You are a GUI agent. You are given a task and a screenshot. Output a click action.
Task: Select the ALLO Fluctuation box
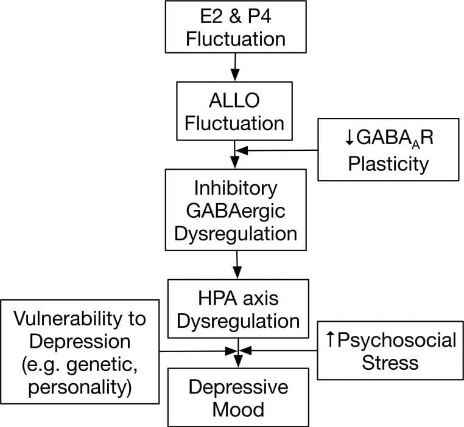[234, 111]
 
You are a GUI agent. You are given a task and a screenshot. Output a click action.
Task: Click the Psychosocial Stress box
[390, 351]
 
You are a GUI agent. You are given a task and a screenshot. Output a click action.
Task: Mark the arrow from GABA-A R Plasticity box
[280, 150]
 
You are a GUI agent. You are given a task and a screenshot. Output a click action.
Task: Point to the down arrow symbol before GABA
[349, 137]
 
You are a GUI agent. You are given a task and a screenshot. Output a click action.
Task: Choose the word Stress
[390, 363]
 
